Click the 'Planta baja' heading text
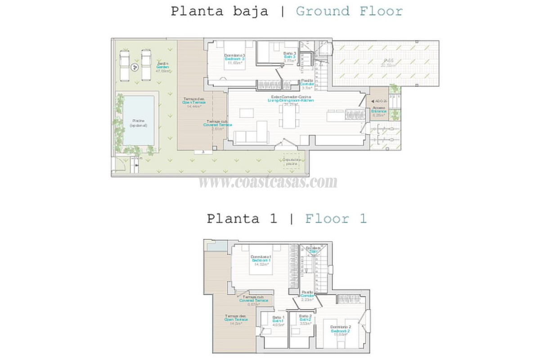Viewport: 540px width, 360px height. pos(219,11)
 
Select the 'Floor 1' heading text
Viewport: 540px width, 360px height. pos(336,219)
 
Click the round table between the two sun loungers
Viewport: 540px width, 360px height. pos(134,67)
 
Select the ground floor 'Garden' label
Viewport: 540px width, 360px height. pos(162,67)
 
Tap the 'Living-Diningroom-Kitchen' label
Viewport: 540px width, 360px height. pos(290,101)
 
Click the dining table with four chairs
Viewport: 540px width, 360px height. pos(289,117)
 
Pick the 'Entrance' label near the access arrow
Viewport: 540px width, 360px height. pos(378,111)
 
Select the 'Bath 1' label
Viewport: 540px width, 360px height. pos(278,320)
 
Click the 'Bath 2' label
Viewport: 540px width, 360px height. pos(306,320)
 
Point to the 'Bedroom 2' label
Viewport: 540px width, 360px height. pos(341,331)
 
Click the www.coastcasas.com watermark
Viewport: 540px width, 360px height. pos(268,182)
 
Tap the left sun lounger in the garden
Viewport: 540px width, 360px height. pos(124,65)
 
